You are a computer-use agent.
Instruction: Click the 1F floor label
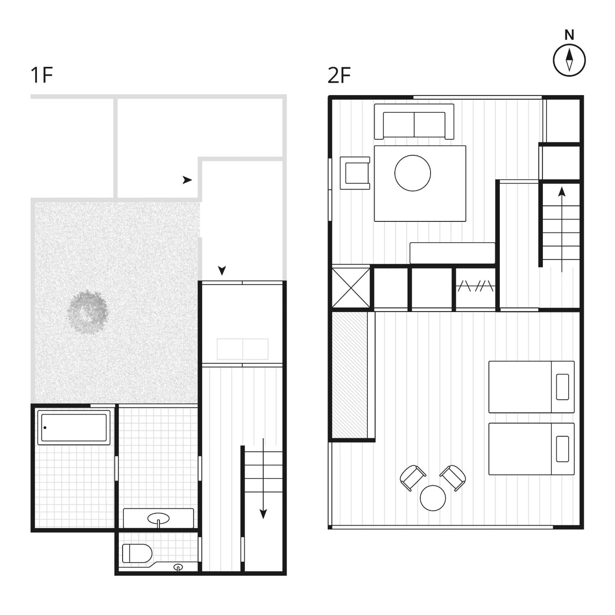[x=41, y=75]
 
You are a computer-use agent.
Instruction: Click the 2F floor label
[x=339, y=75]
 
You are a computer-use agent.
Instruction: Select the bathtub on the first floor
[x=74, y=427]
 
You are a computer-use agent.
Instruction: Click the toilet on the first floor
[x=137, y=553]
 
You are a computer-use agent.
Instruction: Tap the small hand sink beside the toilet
[x=178, y=567]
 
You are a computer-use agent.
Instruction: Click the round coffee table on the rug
[x=412, y=173]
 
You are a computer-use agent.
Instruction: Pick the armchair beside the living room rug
[x=355, y=173]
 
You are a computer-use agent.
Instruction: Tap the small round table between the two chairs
[x=433, y=498]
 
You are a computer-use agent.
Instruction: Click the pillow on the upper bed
[x=563, y=387]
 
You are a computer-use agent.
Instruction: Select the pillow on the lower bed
[x=563, y=449]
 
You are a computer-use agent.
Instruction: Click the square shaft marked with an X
[x=351, y=288]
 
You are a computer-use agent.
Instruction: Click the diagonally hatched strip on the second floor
[x=350, y=375]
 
